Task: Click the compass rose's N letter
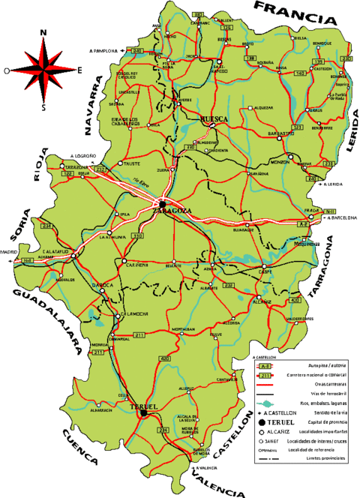44,32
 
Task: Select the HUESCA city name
214,118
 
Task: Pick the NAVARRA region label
94,109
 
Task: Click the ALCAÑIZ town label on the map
262,301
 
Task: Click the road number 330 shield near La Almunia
136,235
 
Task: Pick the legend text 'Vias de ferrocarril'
304,393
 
